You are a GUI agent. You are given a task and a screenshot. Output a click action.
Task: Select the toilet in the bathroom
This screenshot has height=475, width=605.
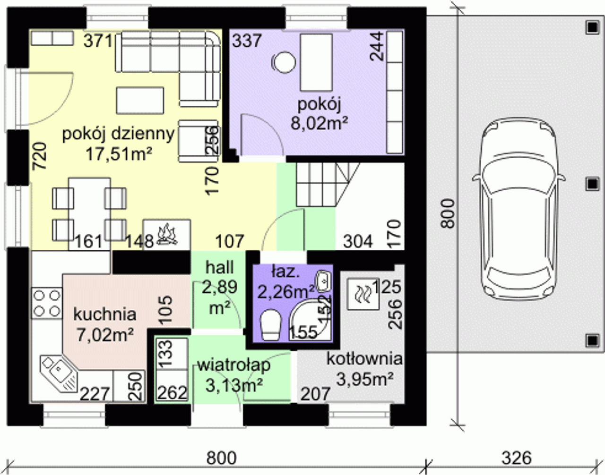270,325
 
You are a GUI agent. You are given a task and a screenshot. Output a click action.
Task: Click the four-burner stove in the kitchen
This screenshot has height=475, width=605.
46,304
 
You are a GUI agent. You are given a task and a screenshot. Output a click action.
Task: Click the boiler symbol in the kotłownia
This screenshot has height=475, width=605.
363,294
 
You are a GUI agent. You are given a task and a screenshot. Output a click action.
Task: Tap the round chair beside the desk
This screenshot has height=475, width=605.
283,63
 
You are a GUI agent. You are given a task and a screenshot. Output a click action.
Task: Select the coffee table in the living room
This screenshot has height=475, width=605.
140,101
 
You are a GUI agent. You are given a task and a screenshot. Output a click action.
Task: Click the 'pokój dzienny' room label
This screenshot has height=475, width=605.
118,134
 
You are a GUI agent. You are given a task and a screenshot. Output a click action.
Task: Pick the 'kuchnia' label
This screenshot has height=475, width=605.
104,314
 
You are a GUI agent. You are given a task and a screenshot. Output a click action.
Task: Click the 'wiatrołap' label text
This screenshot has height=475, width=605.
234,365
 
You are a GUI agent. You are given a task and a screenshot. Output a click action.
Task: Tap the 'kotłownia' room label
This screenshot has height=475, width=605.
364,358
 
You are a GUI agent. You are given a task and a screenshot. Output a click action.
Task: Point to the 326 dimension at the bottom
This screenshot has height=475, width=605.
517,458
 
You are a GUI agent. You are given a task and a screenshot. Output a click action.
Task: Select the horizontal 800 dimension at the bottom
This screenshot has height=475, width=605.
221,458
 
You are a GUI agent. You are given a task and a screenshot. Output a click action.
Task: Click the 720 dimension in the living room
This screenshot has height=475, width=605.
39,156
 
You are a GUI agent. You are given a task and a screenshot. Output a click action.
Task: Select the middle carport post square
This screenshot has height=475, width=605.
592,184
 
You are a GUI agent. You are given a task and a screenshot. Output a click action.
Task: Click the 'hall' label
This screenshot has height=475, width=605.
219,268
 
